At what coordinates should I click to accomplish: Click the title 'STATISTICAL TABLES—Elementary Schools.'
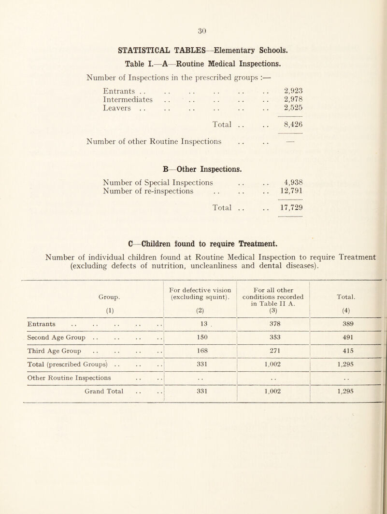193,49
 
